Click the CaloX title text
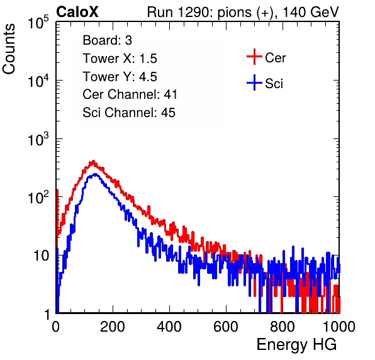coord(77,12)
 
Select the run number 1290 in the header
coord(194,12)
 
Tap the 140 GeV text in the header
coord(311,12)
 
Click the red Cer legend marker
coord(254,57)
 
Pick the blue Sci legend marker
coord(254,82)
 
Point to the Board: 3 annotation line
coord(107,40)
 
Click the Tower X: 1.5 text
coord(120,59)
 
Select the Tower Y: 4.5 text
coord(120,77)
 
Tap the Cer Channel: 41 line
coord(130,94)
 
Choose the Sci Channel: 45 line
coord(129,113)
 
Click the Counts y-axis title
coord(9,49)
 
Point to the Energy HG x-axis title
coord(296,344)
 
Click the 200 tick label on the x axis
coord(113,327)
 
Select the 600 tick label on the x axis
coord(226,327)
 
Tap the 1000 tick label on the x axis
coord(339,327)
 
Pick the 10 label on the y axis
coord(41,256)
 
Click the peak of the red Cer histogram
coord(93,161)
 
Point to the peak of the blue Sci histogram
coord(95,174)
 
